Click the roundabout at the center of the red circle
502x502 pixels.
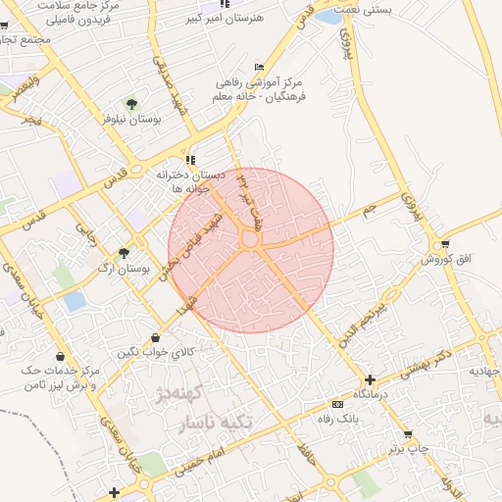pyautogui.click(x=250, y=239)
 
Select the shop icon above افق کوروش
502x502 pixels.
pyautogui.click(x=446, y=244)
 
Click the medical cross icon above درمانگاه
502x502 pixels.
pyautogui.click(x=370, y=379)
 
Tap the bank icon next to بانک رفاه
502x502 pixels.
pyautogui.click(x=338, y=404)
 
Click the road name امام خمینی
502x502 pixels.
pyautogui.click(x=201, y=460)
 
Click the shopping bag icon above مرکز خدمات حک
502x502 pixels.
pyautogui.click(x=62, y=356)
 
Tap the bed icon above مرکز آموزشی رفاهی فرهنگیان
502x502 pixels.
pyautogui.click(x=259, y=67)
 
